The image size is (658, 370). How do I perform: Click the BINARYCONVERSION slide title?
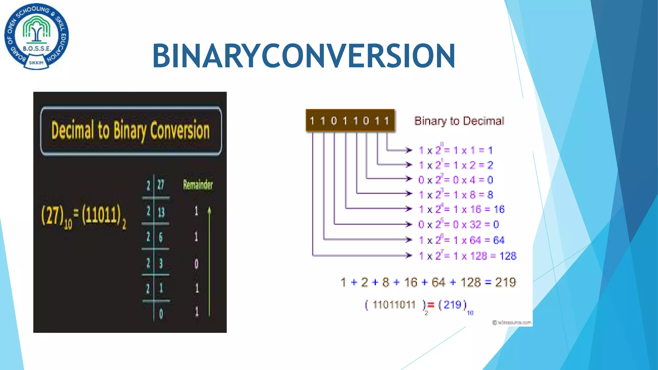click(304, 56)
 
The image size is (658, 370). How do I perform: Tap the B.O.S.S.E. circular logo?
click(36, 36)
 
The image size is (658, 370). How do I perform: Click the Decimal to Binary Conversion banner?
click(131, 130)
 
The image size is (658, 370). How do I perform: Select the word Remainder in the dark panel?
click(198, 185)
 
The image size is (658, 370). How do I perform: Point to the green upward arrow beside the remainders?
click(209, 260)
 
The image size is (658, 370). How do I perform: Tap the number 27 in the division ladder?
click(161, 185)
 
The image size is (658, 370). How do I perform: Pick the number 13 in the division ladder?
click(161, 212)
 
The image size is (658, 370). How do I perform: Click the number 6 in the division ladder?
click(161, 237)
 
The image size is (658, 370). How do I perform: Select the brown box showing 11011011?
click(350, 121)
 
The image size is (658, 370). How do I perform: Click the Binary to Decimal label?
click(459, 121)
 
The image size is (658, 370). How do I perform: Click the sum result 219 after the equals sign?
click(505, 282)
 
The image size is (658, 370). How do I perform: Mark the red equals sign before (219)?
click(431, 305)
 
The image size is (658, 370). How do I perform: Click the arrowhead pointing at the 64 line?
click(409, 240)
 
